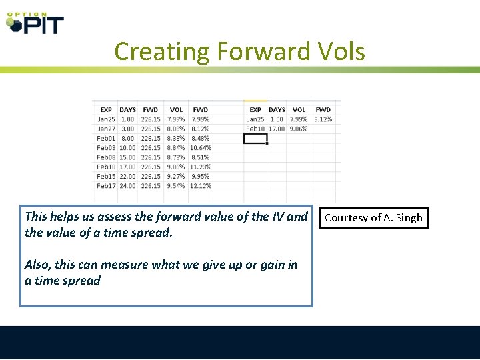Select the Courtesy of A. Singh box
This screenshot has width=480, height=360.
tap(373, 218)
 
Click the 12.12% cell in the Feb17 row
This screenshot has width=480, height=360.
tap(200, 186)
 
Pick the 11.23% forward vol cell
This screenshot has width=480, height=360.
tap(200, 167)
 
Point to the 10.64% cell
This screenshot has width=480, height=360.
tap(200, 148)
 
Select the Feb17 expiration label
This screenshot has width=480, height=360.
tap(106, 186)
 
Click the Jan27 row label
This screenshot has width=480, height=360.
tap(106, 129)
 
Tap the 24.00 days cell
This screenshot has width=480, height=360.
tap(127, 186)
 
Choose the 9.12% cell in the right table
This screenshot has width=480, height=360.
tap(323, 119)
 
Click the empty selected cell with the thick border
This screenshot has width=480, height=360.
tap(255, 139)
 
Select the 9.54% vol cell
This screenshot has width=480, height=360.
tap(176, 186)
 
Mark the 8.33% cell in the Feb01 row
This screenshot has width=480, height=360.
tap(176, 138)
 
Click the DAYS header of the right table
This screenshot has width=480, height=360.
tap(277, 110)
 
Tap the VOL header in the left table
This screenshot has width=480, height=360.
tap(176, 110)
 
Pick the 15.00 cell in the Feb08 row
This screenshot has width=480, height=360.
tap(127, 157)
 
